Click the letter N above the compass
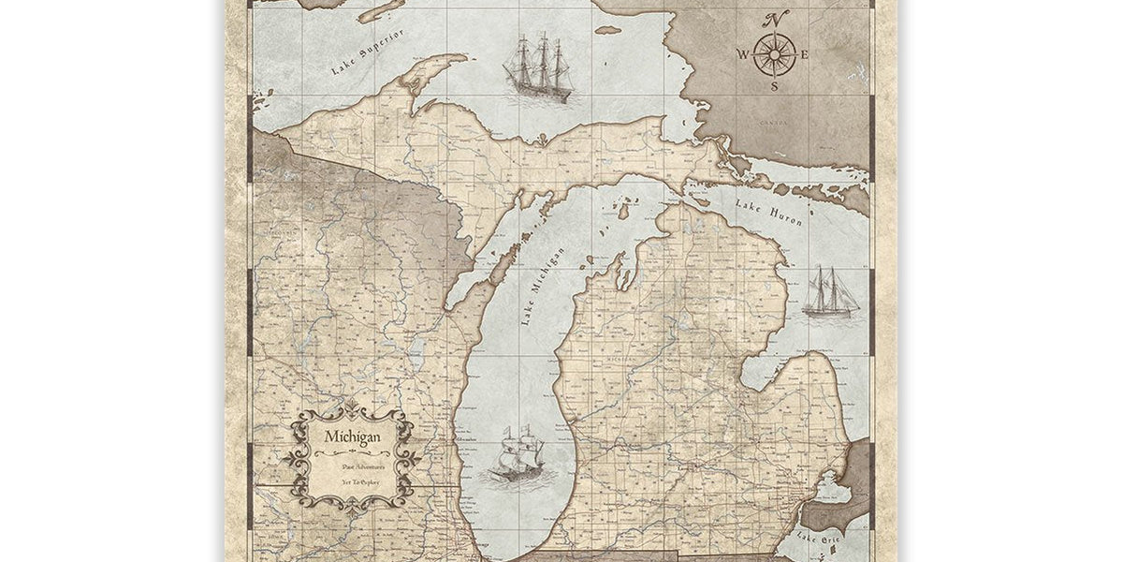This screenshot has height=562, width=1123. (777, 20)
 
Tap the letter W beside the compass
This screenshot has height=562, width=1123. (743, 53)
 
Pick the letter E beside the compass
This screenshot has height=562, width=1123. (804, 53)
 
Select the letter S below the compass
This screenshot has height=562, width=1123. (774, 86)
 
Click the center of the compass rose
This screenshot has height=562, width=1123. (774, 53)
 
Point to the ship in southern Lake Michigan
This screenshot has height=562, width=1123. (518, 453)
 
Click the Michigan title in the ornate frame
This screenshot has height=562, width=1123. (351, 437)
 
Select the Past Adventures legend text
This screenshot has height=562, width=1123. (351, 465)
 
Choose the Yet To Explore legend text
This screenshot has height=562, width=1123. (351, 487)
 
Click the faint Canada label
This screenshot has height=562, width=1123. (799, 123)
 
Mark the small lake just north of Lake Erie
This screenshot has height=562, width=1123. (824, 487)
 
